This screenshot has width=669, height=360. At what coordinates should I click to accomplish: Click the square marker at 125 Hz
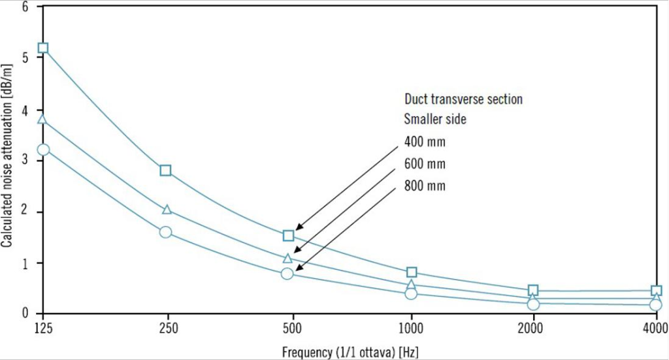(43, 48)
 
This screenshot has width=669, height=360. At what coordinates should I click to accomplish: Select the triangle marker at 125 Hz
(42, 119)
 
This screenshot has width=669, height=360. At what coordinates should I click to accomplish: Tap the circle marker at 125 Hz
(43, 149)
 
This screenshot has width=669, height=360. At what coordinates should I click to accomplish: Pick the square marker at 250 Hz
(165, 171)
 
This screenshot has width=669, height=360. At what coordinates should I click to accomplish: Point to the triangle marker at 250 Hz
(167, 210)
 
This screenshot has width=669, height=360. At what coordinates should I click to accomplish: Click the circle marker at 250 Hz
(165, 232)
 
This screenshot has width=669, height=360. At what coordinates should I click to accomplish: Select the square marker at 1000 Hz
(412, 272)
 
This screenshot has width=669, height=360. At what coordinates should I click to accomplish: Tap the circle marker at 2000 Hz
(533, 304)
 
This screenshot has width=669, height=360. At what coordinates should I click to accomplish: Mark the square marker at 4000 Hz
(656, 291)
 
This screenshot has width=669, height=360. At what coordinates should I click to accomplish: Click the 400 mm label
(425, 142)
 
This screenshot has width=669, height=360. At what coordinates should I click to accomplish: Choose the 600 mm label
(425, 164)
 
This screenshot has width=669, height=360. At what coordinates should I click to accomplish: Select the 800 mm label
(425, 186)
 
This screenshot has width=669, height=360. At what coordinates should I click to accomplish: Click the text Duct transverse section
(463, 99)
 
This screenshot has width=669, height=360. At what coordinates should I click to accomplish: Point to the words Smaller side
(435, 120)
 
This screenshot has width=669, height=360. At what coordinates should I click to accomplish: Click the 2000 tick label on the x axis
(533, 327)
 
